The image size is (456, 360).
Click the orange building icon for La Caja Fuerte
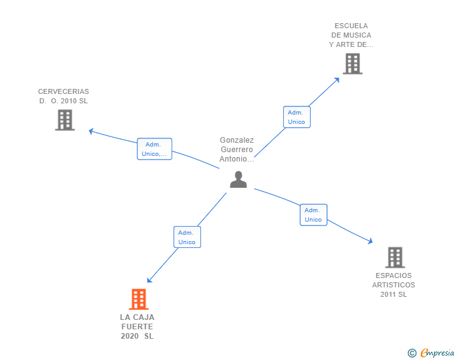tap(138, 299)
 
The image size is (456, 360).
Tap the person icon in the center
tap(238, 180)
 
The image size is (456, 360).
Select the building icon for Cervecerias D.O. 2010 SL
tap(65, 120)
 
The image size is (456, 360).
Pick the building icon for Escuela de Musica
tap(352, 64)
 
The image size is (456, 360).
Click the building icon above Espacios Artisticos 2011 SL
tap(395, 257)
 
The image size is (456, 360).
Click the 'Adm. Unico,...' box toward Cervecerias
tap(154, 149)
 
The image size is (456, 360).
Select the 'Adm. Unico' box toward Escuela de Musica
tap(296, 117)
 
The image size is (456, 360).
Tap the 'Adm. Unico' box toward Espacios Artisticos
tap(313, 215)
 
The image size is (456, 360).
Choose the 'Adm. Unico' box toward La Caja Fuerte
tap(187, 237)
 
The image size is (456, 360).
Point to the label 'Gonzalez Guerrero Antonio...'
tap(237, 150)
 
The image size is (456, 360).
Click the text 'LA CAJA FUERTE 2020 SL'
tap(137, 327)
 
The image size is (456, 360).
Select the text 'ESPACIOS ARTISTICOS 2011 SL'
tap(393, 285)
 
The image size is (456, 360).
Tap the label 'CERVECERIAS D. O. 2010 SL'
tap(63, 96)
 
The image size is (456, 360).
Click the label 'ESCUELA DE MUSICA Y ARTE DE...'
tap(351, 35)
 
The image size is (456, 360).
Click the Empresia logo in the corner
tap(437, 353)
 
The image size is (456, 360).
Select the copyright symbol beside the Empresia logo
tap(412, 354)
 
